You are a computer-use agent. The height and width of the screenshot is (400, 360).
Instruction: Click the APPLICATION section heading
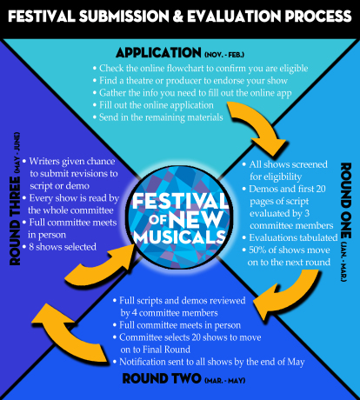(158, 53)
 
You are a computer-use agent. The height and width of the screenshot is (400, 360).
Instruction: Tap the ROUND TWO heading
(162, 378)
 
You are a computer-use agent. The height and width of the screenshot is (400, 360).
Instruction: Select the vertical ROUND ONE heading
(346, 200)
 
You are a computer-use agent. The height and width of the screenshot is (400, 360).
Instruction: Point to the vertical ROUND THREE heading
(16, 221)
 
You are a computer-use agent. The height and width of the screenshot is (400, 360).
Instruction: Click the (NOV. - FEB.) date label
(224, 54)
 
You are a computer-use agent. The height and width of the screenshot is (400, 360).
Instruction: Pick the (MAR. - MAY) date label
(225, 380)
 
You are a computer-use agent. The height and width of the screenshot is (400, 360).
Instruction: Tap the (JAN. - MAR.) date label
(344, 262)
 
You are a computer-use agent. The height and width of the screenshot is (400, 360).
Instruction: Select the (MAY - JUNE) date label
(17, 153)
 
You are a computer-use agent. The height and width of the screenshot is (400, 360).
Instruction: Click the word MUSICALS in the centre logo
(180, 237)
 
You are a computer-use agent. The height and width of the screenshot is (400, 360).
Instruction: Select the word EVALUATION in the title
(234, 17)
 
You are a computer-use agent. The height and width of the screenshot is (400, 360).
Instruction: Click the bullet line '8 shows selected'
(59, 247)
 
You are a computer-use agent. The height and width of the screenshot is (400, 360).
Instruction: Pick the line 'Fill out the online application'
(153, 105)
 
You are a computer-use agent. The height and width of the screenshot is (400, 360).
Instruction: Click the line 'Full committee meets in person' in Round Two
(177, 325)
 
